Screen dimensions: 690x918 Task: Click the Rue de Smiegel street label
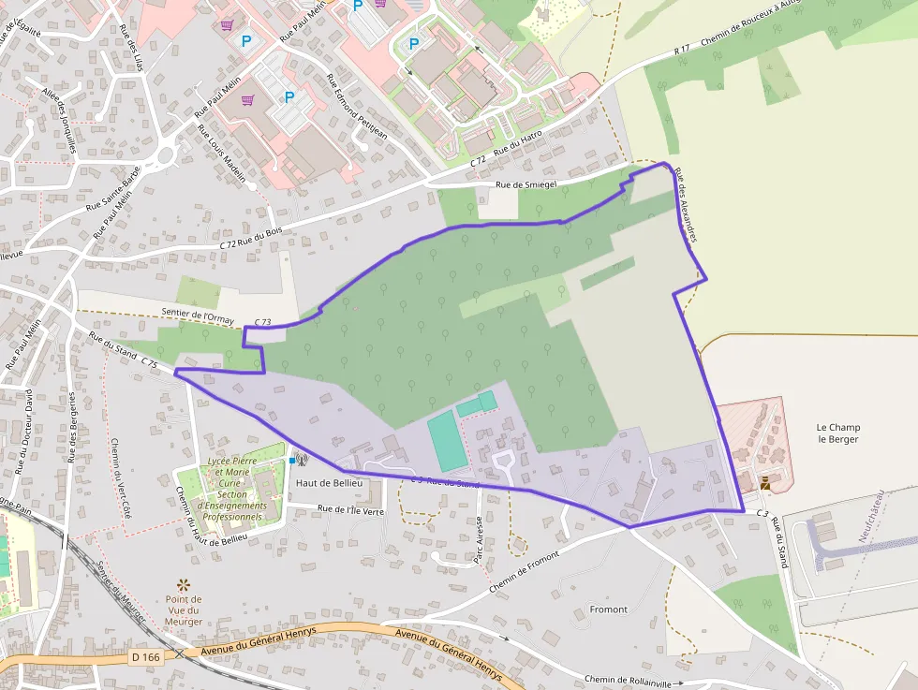point(526,184)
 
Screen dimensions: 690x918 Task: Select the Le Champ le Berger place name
point(837,433)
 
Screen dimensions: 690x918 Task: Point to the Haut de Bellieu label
point(324,482)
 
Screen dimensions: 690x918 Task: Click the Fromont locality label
point(609,609)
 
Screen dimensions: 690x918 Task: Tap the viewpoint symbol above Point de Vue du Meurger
point(183,583)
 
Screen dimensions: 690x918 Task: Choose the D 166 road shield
point(146,657)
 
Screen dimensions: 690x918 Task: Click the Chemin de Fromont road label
point(524,571)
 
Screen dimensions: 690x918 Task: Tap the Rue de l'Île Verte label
point(351,510)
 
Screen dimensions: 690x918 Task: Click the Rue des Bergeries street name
point(72,427)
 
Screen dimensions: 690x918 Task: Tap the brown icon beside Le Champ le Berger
point(765,482)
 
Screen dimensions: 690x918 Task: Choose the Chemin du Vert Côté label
point(121,477)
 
